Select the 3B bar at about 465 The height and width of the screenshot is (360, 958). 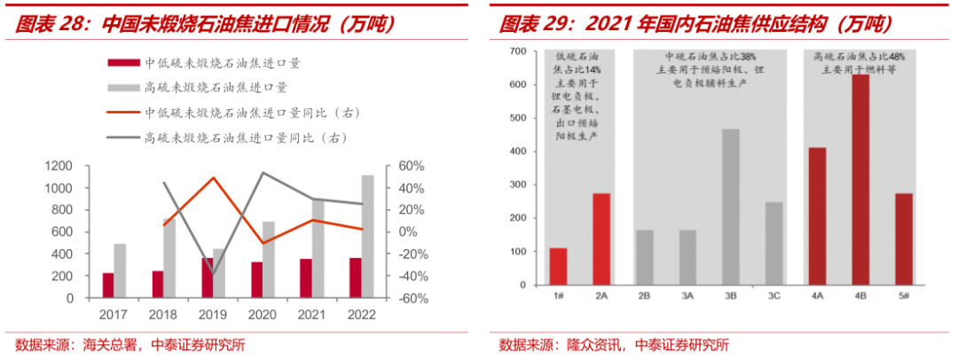coord(730,207)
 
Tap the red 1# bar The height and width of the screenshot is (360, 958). coord(558,266)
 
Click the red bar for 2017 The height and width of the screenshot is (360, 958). coord(108,285)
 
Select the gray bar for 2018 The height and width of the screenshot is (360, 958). coord(169,258)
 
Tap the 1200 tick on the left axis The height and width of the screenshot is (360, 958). coord(56,166)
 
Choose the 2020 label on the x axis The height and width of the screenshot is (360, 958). coord(262,315)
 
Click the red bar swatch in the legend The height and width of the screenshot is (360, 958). coord(122,63)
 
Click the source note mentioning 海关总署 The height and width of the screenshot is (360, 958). coord(130,345)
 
